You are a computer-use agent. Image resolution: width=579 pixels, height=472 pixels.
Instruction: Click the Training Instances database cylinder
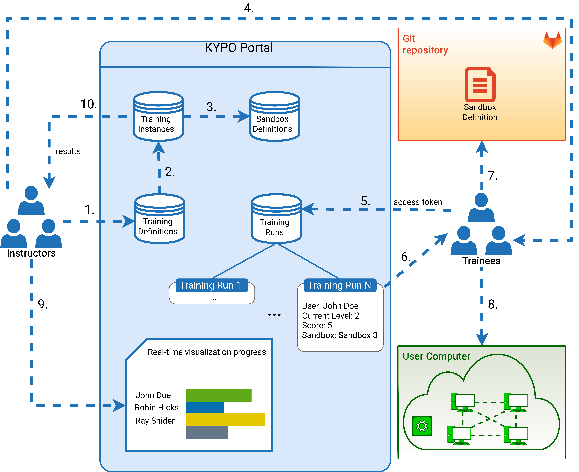(158, 116)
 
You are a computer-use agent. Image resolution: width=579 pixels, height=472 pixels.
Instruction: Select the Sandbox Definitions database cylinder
(275, 116)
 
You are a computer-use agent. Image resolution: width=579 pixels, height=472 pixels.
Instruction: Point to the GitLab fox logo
(552, 40)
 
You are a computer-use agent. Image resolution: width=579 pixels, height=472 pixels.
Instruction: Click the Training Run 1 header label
(212, 285)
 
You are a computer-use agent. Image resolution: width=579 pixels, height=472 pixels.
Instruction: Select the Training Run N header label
(340, 285)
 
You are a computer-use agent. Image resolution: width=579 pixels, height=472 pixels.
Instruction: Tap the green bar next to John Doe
(218, 396)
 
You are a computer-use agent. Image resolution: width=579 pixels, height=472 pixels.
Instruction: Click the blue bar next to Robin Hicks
(205, 408)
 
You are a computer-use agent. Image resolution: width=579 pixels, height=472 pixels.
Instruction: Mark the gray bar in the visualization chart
(207, 432)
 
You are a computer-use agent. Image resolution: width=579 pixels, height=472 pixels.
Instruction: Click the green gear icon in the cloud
(422, 426)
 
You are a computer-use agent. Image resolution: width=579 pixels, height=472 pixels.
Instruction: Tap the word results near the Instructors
(68, 151)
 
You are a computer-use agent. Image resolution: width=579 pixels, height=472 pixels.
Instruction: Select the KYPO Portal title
(239, 48)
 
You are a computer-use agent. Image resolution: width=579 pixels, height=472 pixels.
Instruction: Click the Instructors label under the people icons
(31, 253)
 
